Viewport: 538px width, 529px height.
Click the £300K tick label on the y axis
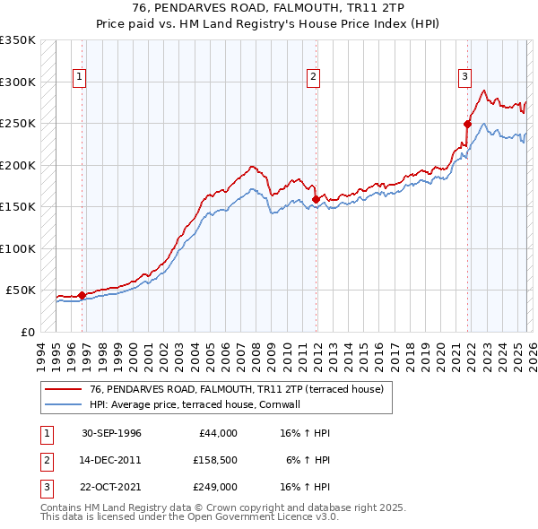coord(18,82)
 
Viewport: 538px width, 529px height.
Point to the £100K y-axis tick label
coord(18,248)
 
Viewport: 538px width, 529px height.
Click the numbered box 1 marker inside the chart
coord(80,78)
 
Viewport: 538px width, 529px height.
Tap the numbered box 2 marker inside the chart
coord(313,78)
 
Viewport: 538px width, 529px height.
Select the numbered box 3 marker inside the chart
coord(465,78)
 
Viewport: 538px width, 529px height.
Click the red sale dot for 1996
coord(82,295)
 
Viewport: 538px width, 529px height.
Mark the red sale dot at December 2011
coord(316,199)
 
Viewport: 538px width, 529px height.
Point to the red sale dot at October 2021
coord(467,124)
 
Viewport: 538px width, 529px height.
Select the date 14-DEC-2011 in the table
coord(111,460)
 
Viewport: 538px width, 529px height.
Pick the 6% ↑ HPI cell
coord(308,460)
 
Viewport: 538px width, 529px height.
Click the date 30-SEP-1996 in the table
coord(111,433)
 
